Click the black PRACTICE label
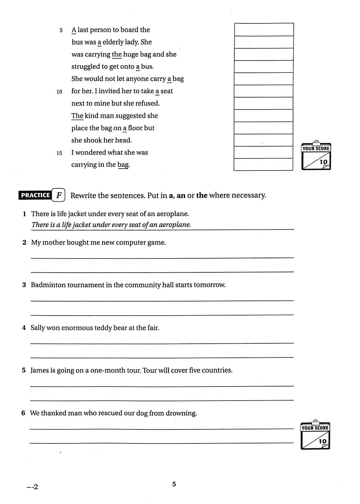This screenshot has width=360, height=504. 35,195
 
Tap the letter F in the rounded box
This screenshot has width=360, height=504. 59,195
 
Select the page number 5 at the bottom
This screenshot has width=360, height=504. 174,484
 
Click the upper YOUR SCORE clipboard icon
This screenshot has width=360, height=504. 316,155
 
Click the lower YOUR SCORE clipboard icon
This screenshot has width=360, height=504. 315,435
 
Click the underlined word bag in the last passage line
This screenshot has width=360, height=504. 123,165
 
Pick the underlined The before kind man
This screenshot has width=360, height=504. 77,116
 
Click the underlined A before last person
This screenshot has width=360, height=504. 74,30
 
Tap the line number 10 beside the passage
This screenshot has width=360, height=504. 59,92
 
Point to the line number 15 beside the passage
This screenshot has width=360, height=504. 59,153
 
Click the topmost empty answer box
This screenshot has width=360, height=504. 264,30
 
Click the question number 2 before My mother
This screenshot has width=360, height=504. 24,242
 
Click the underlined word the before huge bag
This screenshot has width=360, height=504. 117,54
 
